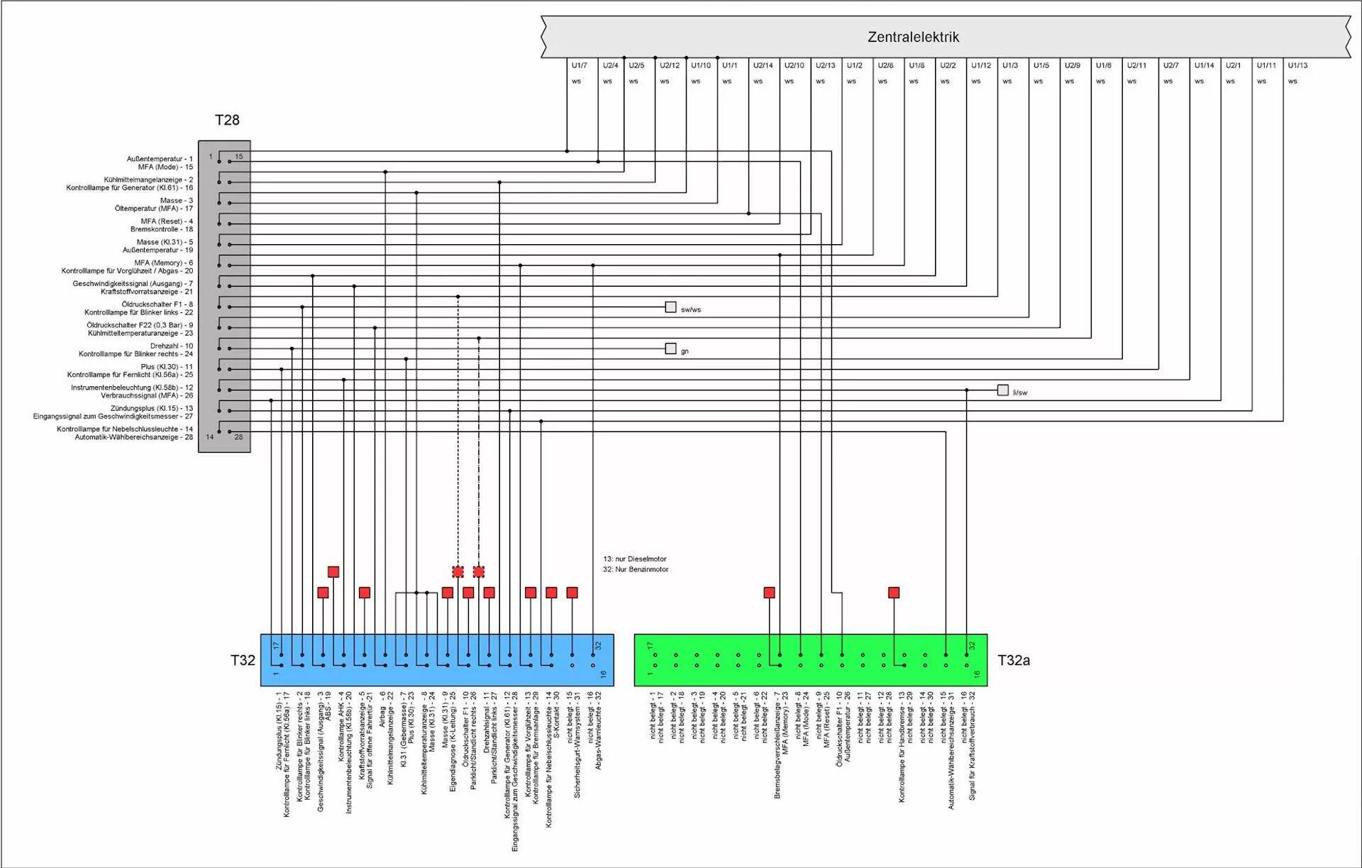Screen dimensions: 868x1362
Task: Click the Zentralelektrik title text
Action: pyautogui.click(x=913, y=37)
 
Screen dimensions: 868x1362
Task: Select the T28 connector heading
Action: pyautogui.click(x=227, y=120)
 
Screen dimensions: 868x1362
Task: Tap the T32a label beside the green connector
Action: pyautogui.click(x=1014, y=661)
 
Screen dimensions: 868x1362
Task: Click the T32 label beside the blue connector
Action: pyautogui.click(x=243, y=661)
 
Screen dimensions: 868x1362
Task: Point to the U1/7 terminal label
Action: pyautogui.click(x=579, y=65)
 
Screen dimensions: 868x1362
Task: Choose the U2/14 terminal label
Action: pyautogui.click(x=763, y=65)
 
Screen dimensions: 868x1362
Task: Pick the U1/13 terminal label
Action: pyautogui.click(x=1297, y=65)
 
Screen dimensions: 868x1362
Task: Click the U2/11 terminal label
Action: pyautogui.click(x=1136, y=65)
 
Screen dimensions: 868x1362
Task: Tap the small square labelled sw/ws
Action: pyautogui.click(x=670, y=307)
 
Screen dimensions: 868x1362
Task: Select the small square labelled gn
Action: pyautogui.click(x=670, y=348)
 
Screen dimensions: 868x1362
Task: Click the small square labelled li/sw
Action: pyautogui.click(x=1002, y=390)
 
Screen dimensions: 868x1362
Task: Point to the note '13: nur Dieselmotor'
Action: pyautogui.click(x=635, y=559)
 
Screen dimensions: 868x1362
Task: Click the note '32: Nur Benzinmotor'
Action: pyautogui.click(x=636, y=569)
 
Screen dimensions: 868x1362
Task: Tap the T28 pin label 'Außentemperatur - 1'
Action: pyautogui.click(x=160, y=159)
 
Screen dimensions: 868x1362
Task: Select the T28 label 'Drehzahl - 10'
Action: pyautogui.click(x=171, y=346)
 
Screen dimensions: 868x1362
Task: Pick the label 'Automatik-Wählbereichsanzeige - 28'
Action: pyautogui.click(x=133, y=437)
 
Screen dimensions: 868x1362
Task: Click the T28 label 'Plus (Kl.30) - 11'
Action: pyautogui.click(x=166, y=367)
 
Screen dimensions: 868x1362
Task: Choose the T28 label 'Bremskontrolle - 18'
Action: pyautogui.click(x=161, y=229)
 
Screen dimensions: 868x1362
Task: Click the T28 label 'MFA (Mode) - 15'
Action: pyautogui.click(x=165, y=167)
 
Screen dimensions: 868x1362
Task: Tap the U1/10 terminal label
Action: pyautogui.click(x=701, y=65)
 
